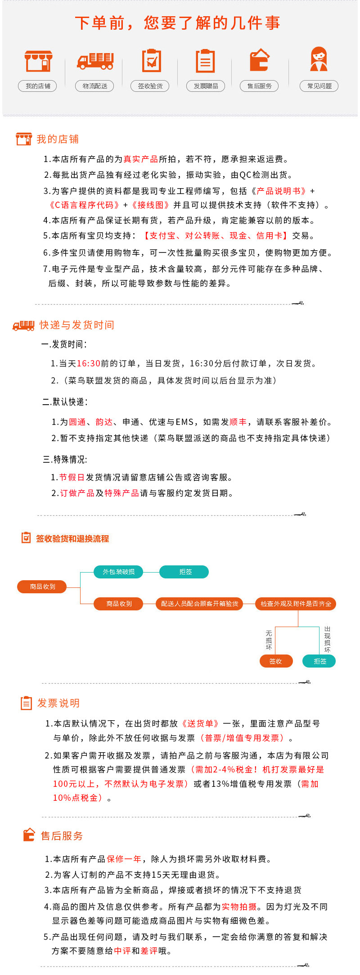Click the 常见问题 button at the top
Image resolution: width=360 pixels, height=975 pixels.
(x=319, y=86)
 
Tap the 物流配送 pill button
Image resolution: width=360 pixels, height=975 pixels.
(x=94, y=86)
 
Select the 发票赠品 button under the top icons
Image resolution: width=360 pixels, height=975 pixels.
(x=206, y=86)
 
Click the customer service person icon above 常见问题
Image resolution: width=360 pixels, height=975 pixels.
(x=319, y=59)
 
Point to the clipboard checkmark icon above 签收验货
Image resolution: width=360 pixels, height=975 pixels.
(x=151, y=61)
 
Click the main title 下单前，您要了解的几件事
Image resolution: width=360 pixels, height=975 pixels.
(x=178, y=23)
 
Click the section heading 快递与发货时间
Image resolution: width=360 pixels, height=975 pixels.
(x=76, y=325)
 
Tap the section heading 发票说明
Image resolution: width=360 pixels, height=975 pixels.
(x=58, y=703)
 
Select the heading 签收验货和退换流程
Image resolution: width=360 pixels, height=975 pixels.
(x=72, y=538)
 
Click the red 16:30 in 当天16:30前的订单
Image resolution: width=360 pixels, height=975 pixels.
(x=89, y=363)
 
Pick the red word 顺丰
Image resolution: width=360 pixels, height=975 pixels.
(x=238, y=422)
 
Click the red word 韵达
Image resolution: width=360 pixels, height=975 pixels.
(x=104, y=422)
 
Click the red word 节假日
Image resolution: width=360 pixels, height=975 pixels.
(x=72, y=477)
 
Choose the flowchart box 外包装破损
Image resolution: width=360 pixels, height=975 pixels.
(x=119, y=572)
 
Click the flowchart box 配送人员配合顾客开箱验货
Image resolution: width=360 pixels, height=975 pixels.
(x=199, y=604)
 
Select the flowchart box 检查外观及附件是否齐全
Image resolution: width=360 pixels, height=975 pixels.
(x=296, y=604)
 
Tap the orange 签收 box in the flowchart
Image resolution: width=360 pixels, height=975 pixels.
(x=276, y=661)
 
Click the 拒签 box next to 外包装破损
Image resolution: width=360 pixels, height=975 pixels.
(x=184, y=572)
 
